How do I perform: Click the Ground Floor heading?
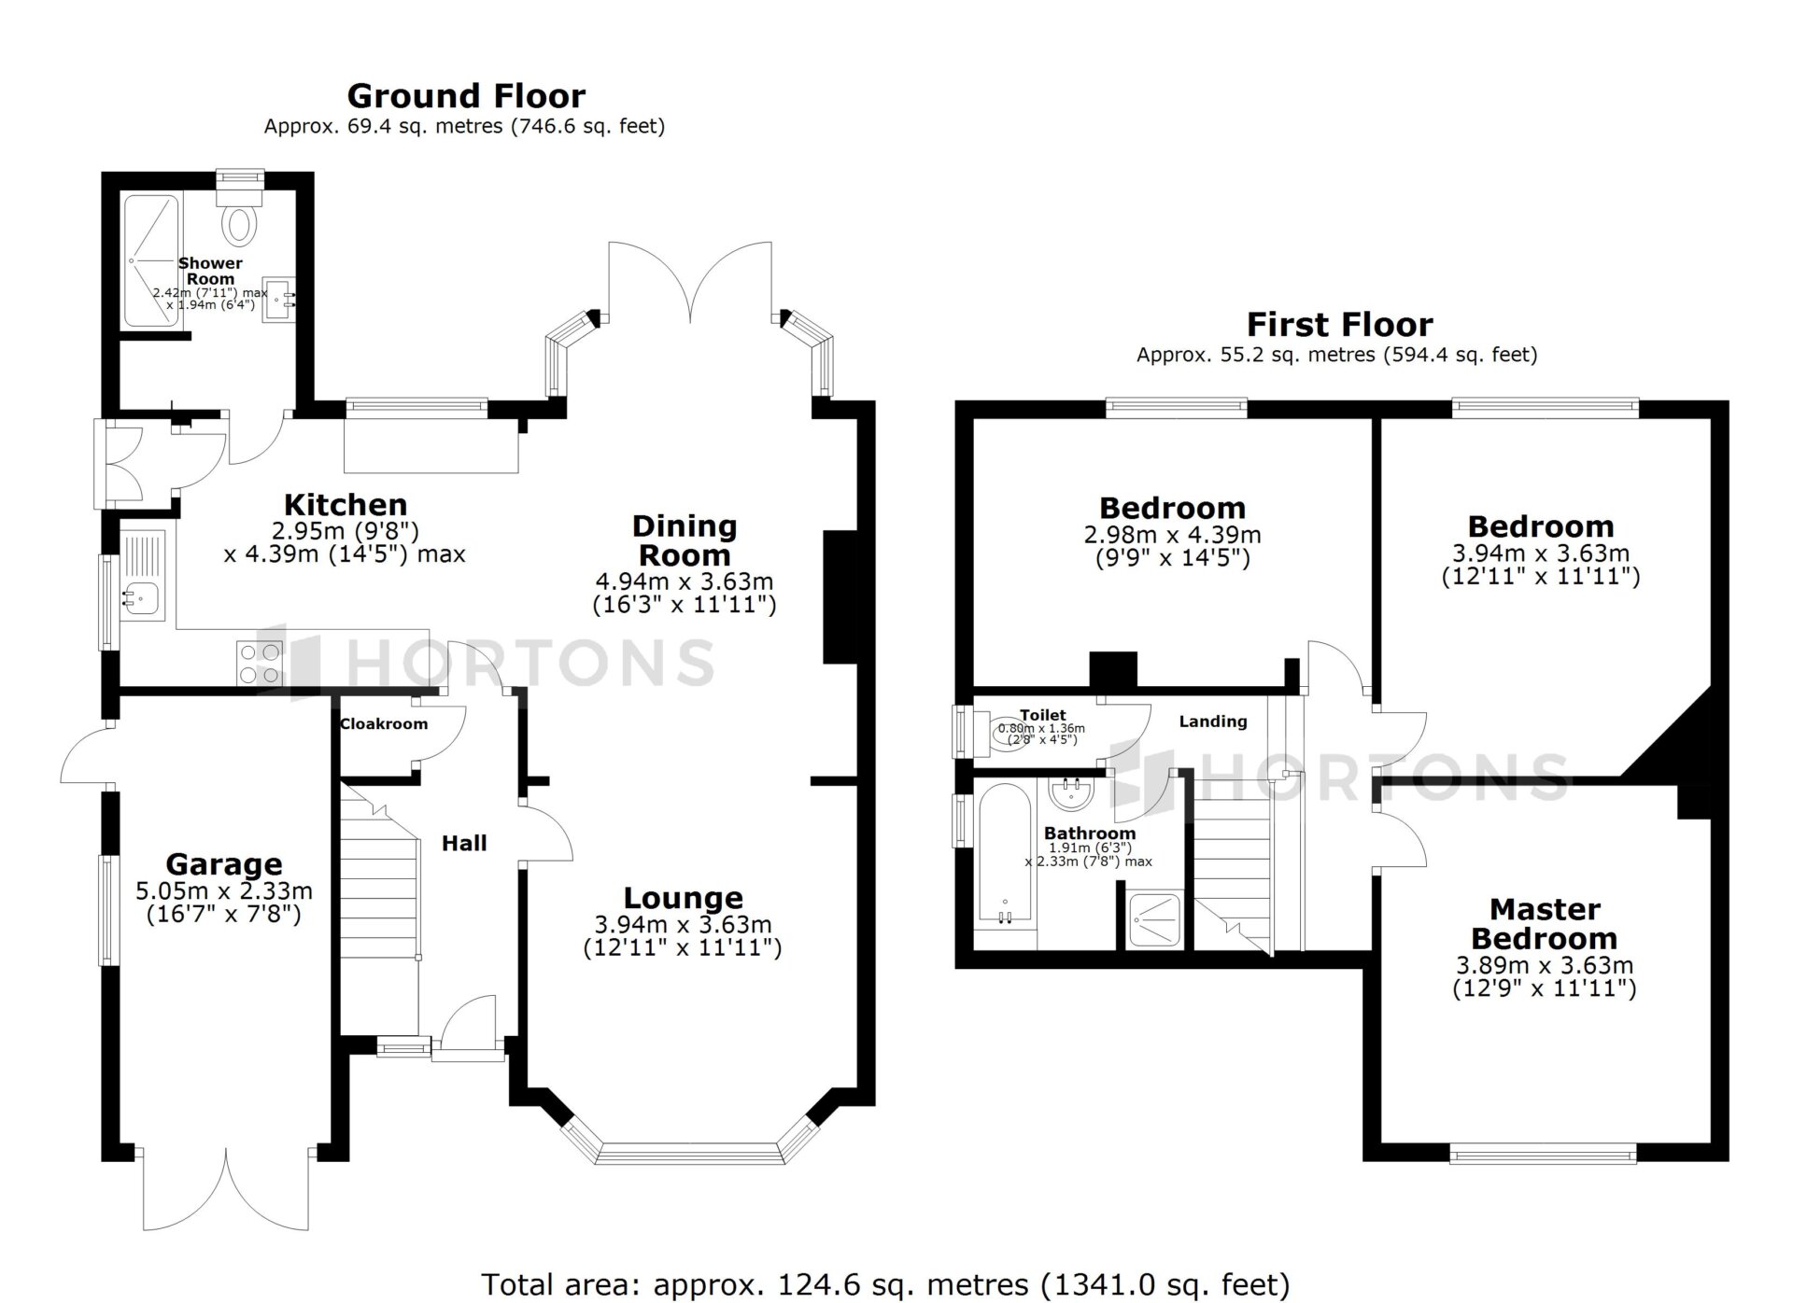(x=466, y=96)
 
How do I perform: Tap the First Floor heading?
(x=1339, y=325)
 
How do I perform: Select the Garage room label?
(x=224, y=864)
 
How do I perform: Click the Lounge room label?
(x=684, y=898)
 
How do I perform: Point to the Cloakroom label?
(x=384, y=723)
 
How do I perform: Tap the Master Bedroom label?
(x=1545, y=923)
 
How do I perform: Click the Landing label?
(x=1213, y=722)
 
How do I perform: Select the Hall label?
(x=464, y=843)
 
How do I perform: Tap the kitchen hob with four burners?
(x=260, y=664)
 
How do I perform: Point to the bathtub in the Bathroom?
(x=1005, y=854)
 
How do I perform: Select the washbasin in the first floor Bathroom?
(x=1071, y=793)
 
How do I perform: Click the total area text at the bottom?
(x=885, y=1284)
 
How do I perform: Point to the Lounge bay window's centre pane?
(x=688, y=1153)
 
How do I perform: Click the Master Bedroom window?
(x=1544, y=1154)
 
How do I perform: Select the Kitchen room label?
(x=346, y=505)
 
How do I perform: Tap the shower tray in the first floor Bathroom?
(x=1155, y=920)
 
